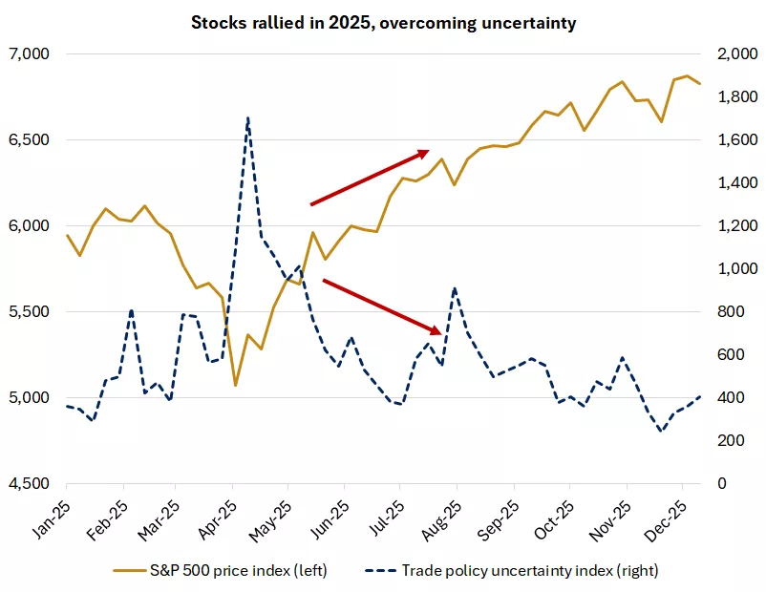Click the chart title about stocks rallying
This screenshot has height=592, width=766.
click(382, 22)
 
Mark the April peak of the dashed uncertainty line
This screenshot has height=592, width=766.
click(248, 118)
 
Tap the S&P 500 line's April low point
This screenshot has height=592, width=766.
click(235, 386)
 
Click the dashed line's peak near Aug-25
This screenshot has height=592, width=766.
click(454, 287)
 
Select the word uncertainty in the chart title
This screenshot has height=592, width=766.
click(531, 22)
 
